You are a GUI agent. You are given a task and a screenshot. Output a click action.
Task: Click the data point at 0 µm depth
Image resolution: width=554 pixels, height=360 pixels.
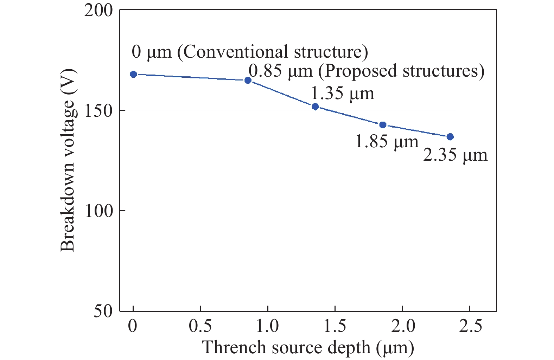click(133, 74)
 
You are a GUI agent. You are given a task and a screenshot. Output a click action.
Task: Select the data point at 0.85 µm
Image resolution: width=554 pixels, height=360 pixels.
click(248, 81)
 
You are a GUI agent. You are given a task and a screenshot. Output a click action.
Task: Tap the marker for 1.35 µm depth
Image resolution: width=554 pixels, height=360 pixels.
click(315, 107)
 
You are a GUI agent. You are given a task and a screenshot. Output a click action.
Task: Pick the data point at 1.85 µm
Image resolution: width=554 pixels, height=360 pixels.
click(383, 125)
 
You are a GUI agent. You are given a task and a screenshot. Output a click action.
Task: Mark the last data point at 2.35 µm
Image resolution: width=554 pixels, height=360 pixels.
click(450, 137)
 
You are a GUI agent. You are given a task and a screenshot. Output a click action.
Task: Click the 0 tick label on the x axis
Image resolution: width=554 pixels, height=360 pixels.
click(133, 326)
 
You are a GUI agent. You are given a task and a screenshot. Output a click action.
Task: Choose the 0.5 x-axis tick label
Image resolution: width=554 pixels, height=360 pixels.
click(200, 326)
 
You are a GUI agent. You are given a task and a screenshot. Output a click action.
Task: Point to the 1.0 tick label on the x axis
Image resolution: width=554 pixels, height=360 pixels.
click(267, 326)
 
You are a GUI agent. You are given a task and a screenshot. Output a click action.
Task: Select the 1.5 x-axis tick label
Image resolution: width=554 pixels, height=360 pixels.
click(335, 326)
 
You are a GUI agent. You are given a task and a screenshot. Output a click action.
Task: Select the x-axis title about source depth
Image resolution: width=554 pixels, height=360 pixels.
click(308, 347)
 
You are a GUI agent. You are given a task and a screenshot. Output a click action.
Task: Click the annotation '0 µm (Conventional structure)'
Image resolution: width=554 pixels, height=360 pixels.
click(250, 52)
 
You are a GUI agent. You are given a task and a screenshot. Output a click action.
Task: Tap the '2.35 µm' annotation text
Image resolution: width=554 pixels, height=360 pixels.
click(455, 155)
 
